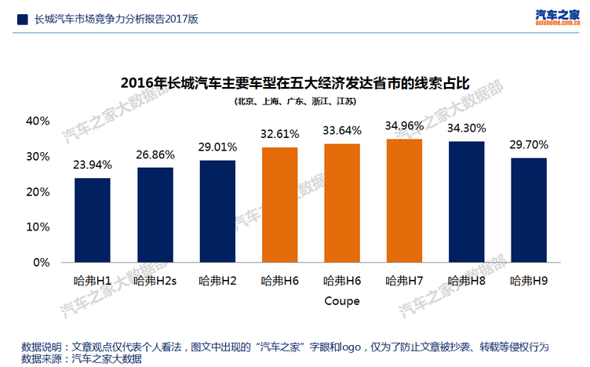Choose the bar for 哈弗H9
tap(529, 209)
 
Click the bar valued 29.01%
tap(217, 211)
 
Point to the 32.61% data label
tap(279, 134)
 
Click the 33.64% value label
tap(342, 130)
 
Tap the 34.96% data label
tap(404, 125)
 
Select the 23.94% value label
tap(93, 165)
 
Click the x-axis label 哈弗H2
tap(217, 280)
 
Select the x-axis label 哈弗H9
tap(529, 280)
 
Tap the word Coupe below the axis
tap(342, 300)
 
